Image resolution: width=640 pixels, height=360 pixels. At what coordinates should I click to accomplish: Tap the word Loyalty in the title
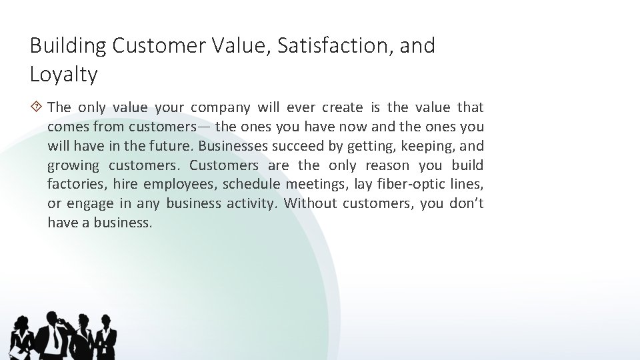click(64, 74)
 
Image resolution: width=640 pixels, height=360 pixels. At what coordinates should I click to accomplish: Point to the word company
click(220, 107)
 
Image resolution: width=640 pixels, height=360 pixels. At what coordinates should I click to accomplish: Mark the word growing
click(73, 165)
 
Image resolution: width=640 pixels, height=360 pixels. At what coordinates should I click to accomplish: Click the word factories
click(74, 183)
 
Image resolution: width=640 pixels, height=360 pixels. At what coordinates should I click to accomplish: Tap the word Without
click(309, 203)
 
